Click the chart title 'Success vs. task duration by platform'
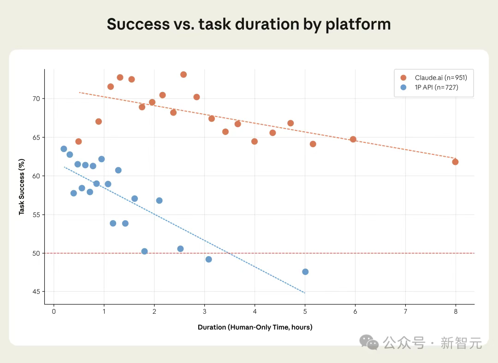coord(249,24)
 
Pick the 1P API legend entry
coord(433,88)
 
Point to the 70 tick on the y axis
coord(36,99)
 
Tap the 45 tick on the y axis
coord(36,292)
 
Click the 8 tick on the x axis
coord(456,311)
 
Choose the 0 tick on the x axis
coord(54,311)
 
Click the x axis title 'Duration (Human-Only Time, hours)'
coord(255,328)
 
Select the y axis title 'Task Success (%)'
coord(21,187)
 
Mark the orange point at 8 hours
coord(455,162)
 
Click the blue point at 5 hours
coord(305,272)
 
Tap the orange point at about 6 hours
coord(353,139)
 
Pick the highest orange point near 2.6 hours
coord(184,75)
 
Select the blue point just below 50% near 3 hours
coord(208,259)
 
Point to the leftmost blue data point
coord(64,149)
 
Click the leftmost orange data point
coord(78,141)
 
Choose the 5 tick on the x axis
coord(305,311)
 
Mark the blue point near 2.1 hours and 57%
coord(159,200)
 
